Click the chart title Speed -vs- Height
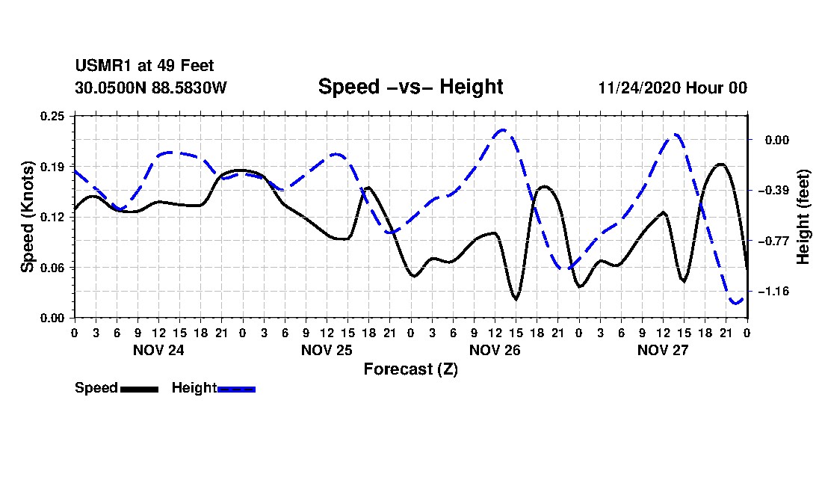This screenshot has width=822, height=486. click(x=410, y=87)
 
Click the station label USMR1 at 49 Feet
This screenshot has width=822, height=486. click(x=145, y=66)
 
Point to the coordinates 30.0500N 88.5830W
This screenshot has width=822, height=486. click(x=151, y=87)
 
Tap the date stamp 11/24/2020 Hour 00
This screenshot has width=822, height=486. click(x=673, y=87)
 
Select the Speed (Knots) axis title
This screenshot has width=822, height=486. click(x=27, y=217)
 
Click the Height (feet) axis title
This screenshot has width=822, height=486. click(x=803, y=217)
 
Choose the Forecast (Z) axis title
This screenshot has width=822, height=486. click(x=410, y=369)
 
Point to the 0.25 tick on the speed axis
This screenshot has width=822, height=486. click(x=52, y=116)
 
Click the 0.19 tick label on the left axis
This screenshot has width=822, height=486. click(x=52, y=167)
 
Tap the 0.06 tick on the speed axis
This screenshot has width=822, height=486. click(x=52, y=268)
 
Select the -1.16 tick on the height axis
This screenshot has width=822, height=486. click(x=773, y=292)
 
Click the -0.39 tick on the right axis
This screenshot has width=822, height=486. click(x=773, y=191)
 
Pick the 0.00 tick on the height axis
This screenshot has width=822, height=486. click(x=777, y=140)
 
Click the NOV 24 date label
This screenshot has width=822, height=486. click(x=159, y=350)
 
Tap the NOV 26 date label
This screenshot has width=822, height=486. click(x=495, y=350)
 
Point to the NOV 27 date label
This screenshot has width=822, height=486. click(x=663, y=350)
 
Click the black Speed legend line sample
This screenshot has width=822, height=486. click(x=140, y=389)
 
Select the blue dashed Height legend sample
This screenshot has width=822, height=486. click(x=236, y=389)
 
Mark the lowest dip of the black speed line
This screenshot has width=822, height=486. click(x=516, y=299)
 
